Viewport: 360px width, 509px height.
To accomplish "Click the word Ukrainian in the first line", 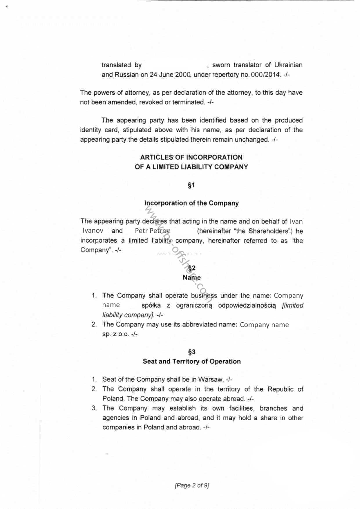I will coord(288,65).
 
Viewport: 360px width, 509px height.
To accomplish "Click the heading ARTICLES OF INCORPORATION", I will coord(191,157).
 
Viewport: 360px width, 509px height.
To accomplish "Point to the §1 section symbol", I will coord(191,185).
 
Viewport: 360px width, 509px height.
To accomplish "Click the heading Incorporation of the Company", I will coord(191,203).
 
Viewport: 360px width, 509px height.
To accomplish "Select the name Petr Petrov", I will coord(152,231).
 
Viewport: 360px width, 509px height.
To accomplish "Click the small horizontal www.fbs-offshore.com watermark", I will coord(179,254).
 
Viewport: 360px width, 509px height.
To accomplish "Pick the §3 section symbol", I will coord(191,352).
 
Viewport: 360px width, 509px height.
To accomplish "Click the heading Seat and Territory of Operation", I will coord(191,362).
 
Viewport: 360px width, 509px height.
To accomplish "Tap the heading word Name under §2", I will coord(191,278).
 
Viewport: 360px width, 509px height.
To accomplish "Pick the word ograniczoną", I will coord(194,306).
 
